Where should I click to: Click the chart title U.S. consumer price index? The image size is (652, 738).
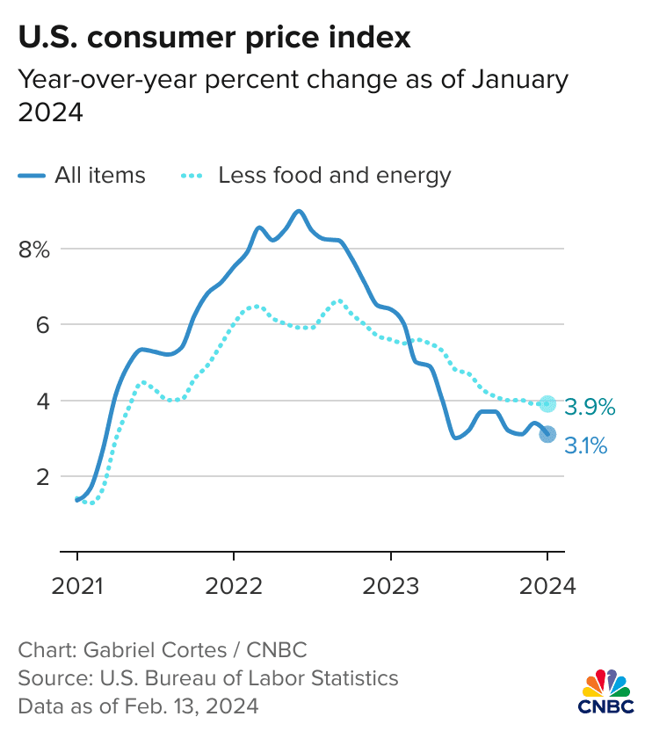pyautogui.click(x=214, y=38)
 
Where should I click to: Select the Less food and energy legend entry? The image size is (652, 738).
pyautogui.click(x=316, y=175)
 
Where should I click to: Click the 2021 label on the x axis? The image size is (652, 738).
pyautogui.click(x=77, y=585)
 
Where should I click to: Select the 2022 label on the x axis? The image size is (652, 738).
pyautogui.click(x=234, y=585)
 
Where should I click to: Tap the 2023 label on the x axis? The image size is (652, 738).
pyautogui.click(x=390, y=585)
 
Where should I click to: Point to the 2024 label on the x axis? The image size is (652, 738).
pyautogui.click(x=547, y=585)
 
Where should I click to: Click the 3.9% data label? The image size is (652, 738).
pyautogui.click(x=589, y=407)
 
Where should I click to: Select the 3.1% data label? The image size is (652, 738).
pyautogui.click(x=585, y=446)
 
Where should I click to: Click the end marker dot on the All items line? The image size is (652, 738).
pyautogui.click(x=547, y=433)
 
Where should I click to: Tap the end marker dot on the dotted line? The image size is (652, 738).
pyautogui.click(x=547, y=403)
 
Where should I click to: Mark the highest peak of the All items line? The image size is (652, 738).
pyautogui.click(x=299, y=211)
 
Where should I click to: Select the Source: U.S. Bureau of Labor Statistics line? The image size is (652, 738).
pyautogui.click(x=208, y=678)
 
